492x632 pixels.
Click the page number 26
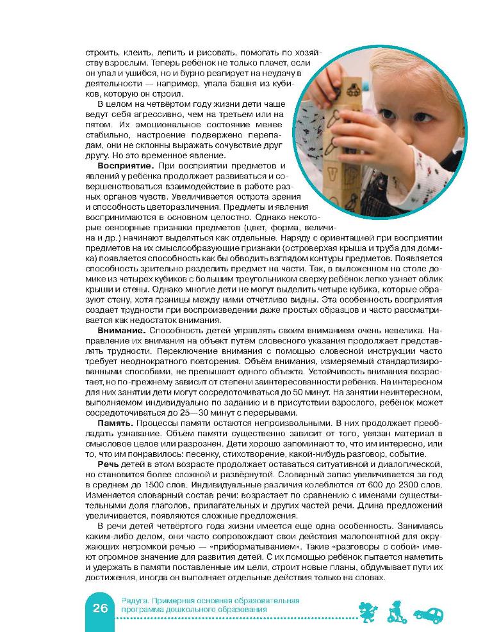tap(100, 608)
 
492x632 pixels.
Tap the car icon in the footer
tap(427, 615)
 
